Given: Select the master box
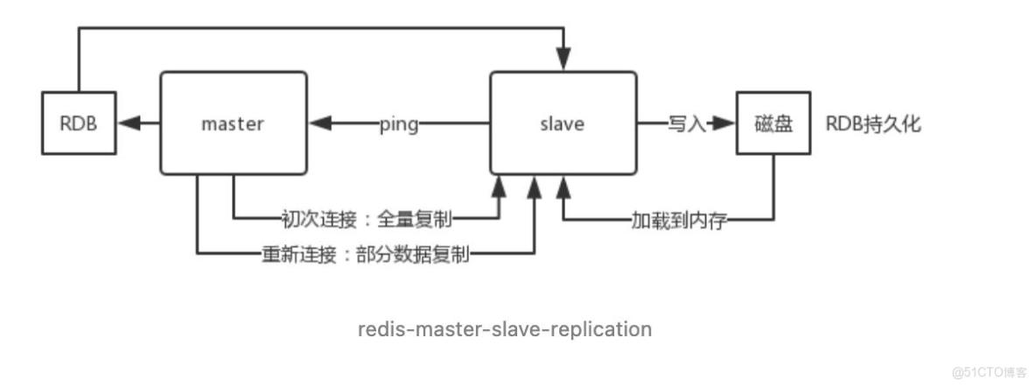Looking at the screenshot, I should pos(233,123).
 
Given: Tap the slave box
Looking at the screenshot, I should pos(563,123).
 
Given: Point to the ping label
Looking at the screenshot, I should pos(398,124).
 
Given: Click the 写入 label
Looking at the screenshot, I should pos(686,124).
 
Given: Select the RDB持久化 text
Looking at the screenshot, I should pos(872,123).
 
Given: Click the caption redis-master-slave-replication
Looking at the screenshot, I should pos(505,329).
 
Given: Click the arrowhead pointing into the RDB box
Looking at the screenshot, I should pos(128,123).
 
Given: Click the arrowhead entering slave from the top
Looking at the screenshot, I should pos(564,62).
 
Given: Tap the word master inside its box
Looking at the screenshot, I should pos(233,123).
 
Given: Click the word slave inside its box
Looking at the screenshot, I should pos(563,123).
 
